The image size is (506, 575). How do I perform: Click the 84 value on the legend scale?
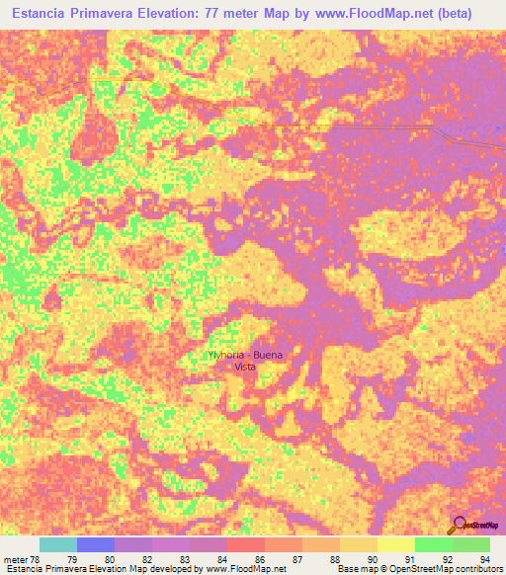pos(227,558)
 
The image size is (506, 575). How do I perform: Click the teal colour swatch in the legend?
pos(58,544)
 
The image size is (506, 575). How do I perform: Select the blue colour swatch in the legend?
pos(96,544)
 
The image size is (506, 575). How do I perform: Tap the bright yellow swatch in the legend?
pos(396,544)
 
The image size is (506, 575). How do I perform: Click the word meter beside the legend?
pos(18,558)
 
